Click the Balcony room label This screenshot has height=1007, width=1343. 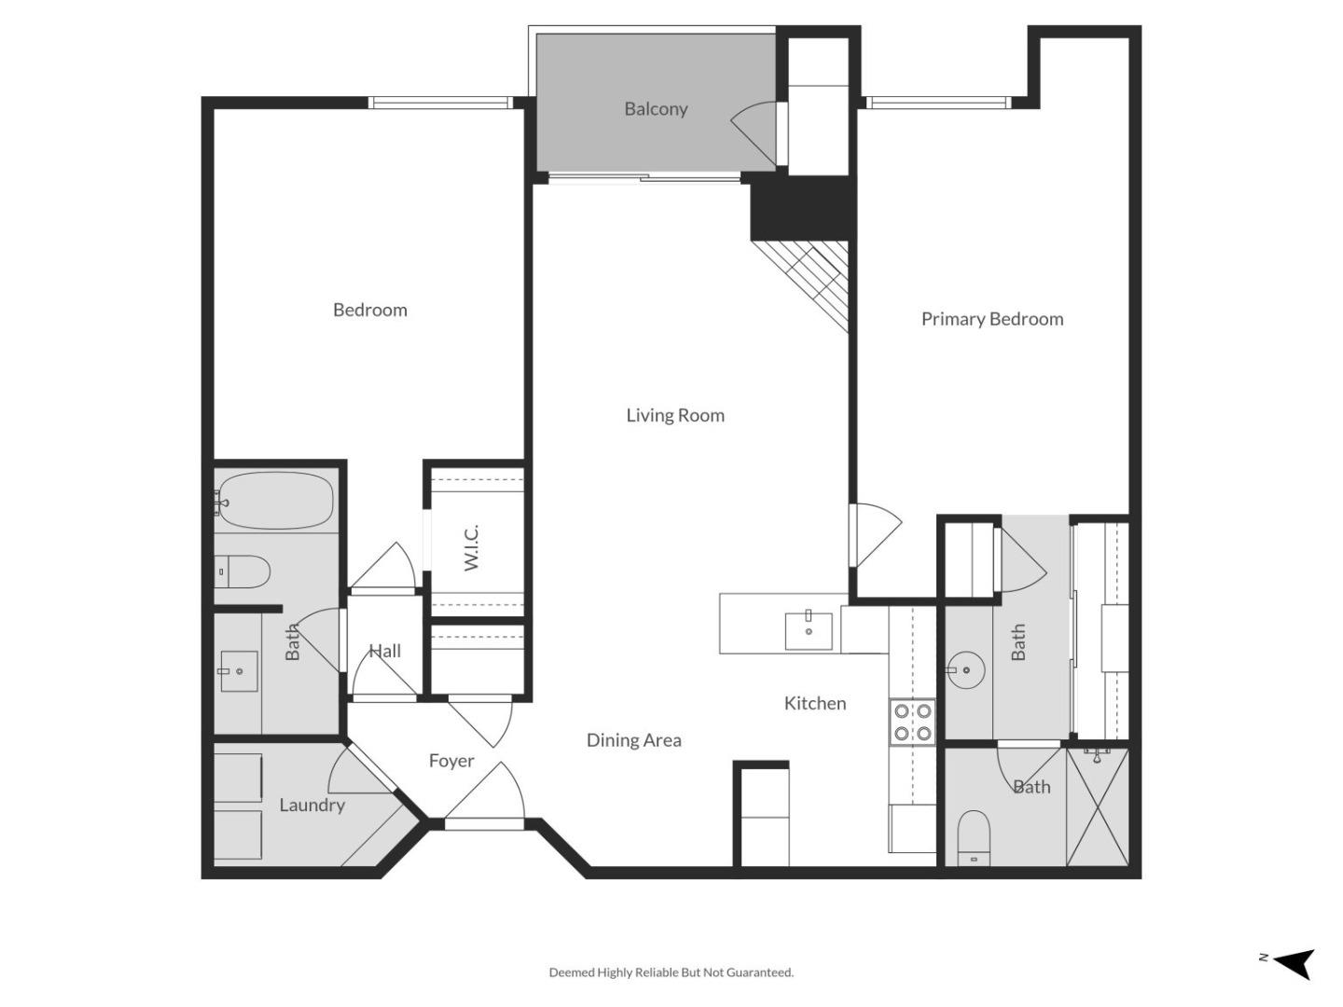(x=656, y=109)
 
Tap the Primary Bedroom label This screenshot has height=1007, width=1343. (x=991, y=319)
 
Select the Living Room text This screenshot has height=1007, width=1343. (x=674, y=416)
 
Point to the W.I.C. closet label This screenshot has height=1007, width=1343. (x=472, y=548)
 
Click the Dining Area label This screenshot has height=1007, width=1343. (x=633, y=740)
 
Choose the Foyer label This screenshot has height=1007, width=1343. (x=451, y=761)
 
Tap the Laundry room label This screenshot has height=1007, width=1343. (x=312, y=805)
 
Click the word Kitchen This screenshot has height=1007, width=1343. (x=814, y=703)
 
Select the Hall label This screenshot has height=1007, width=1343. (x=384, y=651)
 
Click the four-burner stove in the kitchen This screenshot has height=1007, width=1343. (x=912, y=722)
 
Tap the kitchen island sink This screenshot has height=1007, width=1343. (x=809, y=630)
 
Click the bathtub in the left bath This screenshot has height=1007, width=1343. (x=275, y=502)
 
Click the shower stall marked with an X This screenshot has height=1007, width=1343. (x=1097, y=807)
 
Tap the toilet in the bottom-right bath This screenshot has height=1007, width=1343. (x=974, y=835)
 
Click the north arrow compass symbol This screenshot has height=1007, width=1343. (x=1293, y=962)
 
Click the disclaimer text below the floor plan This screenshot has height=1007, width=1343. (x=671, y=973)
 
